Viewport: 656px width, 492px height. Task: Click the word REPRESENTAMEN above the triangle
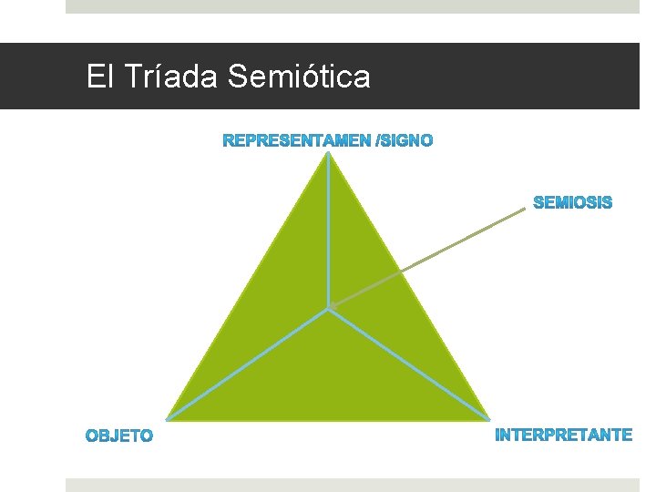296,140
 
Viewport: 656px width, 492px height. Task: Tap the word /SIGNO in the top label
405,140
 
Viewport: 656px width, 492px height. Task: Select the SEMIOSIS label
572,202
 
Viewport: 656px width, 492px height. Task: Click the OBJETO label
119,436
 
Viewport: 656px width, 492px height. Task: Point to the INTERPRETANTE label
563,435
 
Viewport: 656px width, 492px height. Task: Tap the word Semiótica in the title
299,77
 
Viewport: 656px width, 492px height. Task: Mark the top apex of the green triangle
328,154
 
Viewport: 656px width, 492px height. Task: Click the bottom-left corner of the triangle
167,420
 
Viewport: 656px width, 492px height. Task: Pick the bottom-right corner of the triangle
489,420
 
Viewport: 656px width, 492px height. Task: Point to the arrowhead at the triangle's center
334,305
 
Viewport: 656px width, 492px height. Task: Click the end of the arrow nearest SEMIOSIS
524,210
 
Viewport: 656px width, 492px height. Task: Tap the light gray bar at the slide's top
352,6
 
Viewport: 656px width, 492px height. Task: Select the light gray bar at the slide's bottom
352,485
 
